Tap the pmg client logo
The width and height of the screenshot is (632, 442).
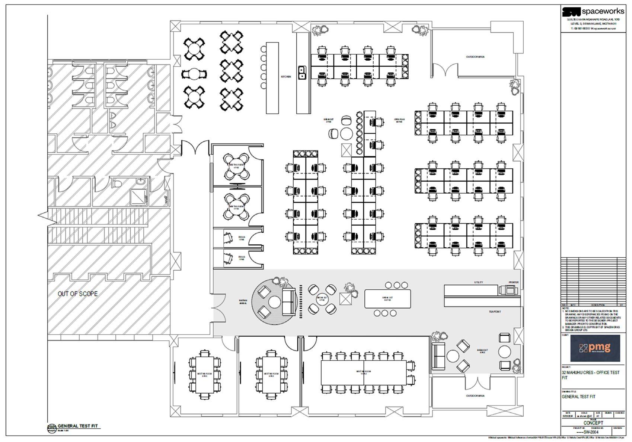(x=595, y=348)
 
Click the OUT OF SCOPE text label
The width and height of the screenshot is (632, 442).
(x=77, y=294)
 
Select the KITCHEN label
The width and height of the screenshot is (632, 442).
(x=286, y=77)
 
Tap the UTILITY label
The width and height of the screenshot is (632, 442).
(x=478, y=282)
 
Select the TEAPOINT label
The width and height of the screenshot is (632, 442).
(x=495, y=312)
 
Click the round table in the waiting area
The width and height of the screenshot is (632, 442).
(x=274, y=301)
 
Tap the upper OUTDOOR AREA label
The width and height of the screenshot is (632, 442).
(x=475, y=57)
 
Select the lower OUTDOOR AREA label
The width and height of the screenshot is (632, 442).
(x=475, y=396)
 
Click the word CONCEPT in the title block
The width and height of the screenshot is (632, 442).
(x=593, y=423)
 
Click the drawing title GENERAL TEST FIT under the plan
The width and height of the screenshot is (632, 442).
(x=78, y=426)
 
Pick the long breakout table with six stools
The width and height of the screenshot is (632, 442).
(x=387, y=298)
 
